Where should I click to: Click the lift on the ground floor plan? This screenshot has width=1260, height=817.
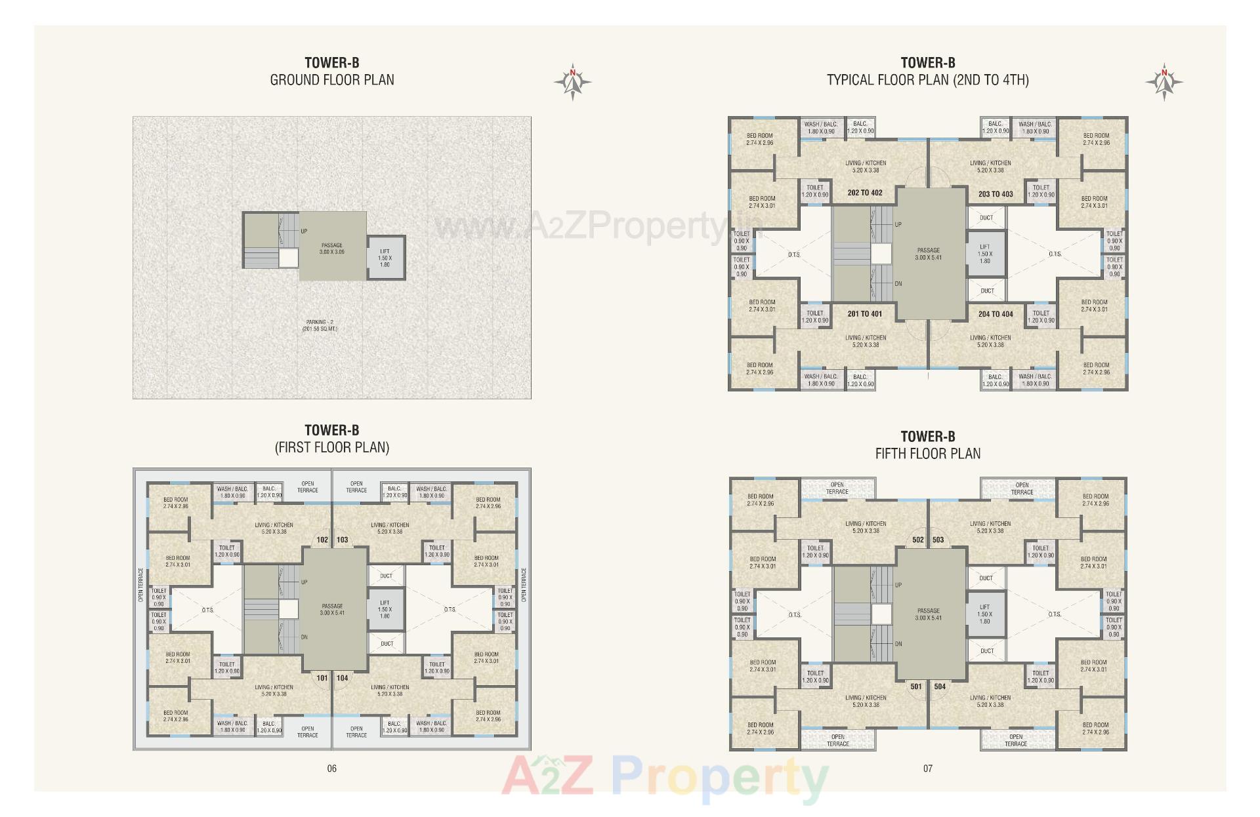click(x=385, y=258)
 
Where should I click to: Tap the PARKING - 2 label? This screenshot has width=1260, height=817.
click(x=320, y=325)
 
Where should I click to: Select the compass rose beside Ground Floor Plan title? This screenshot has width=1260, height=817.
click(x=572, y=83)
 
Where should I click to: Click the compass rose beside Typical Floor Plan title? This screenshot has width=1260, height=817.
click(x=1164, y=83)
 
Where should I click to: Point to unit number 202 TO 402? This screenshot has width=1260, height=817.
click(x=864, y=193)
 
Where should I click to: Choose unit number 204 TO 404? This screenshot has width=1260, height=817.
click(x=996, y=314)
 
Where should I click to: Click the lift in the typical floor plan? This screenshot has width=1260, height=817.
click(x=985, y=254)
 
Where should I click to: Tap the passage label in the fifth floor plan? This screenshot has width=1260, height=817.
click(x=929, y=614)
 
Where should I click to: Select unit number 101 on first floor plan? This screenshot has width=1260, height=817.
click(x=322, y=678)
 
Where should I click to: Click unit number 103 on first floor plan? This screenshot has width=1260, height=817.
click(x=343, y=540)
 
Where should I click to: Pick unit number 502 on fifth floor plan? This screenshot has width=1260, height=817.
click(x=917, y=540)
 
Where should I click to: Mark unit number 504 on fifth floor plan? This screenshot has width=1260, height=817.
click(x=940, y=687)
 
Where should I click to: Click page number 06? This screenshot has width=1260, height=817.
click(x=331, y=768)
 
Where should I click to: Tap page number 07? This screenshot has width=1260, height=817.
click(x=927, y=768)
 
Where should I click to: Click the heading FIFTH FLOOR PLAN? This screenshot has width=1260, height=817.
click(x=927, y=454)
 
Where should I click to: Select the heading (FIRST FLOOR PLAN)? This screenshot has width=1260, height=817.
click(x=331, y=447)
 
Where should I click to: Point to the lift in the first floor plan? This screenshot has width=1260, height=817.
click(x=385, y=609)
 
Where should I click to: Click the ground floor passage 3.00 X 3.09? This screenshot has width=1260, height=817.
click(x=332, y=249)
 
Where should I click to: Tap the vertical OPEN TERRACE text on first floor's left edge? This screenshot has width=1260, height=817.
click(x=140, y=585)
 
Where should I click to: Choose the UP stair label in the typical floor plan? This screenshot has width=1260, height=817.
click(x=898, y=224)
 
